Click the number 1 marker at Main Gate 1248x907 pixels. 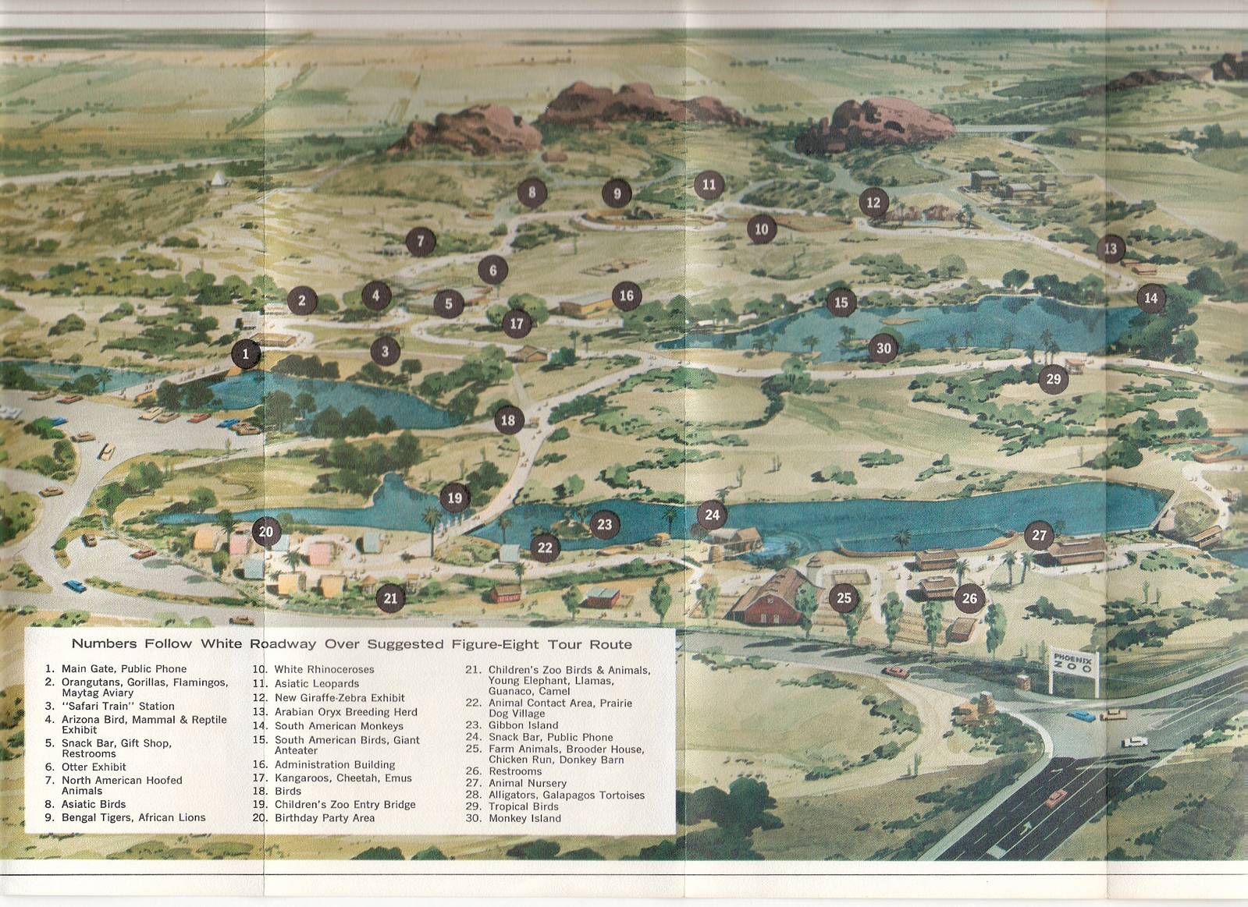tap(245, 354)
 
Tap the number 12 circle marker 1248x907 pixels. tap(873, 203)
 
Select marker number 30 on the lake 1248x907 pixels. tap(884, 349)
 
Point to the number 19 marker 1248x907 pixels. tap(454, 498)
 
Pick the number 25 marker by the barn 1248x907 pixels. tap(844, 598)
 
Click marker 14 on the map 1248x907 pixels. tap(1150, 298)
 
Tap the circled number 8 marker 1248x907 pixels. tap(532, 192)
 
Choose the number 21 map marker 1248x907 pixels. tap(390, 598)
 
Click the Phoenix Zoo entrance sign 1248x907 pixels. tap(1074, 668)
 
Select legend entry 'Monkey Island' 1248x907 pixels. tap(524, 818)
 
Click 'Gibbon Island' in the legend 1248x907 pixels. tap(523, 725)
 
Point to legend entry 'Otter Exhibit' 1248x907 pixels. tap(94, 767)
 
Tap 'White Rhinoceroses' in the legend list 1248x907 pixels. tap(324, 669)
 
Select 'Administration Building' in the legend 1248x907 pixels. tap(334, 764)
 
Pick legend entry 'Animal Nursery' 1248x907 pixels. tap(527, 783)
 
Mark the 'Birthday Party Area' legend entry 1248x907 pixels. tap(324, 817)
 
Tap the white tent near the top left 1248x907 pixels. tap(216, 179)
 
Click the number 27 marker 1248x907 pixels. tap(1039, 535)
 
